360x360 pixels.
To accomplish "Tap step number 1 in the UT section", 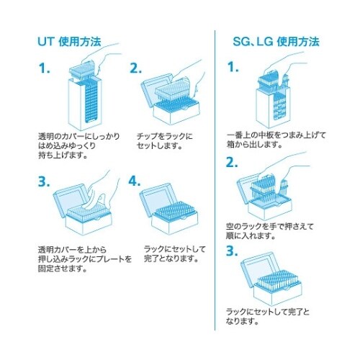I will [x=45, y=70].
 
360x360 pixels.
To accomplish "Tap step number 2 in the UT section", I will [x=136, y=70].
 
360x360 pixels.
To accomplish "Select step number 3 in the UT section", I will [x=45, y=181].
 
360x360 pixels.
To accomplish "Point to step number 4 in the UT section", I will [x=136, y=181].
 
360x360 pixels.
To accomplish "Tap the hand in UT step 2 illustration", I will [x=188, y=72].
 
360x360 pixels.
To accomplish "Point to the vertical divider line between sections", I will [x=217, y=180].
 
